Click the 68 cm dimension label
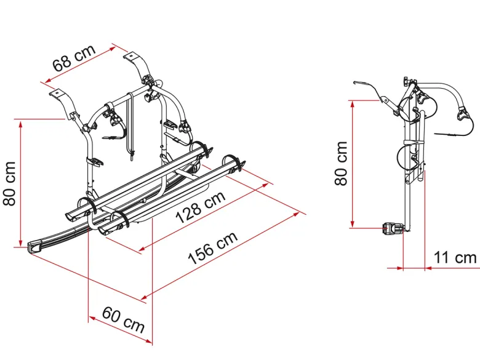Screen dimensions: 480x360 tap(74, 58)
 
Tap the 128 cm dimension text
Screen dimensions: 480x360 tap(201, 207)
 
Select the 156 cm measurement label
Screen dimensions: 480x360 tap(213, 248)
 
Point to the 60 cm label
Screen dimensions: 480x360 tap(123, 320)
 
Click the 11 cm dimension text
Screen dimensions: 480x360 tap(455, 257)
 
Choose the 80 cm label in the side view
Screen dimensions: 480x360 tap(341, 163)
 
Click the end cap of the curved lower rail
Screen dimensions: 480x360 tap(35, 246)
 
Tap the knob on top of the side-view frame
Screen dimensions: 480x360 tap(406, 81)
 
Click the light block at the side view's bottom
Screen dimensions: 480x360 tap(393, 228)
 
